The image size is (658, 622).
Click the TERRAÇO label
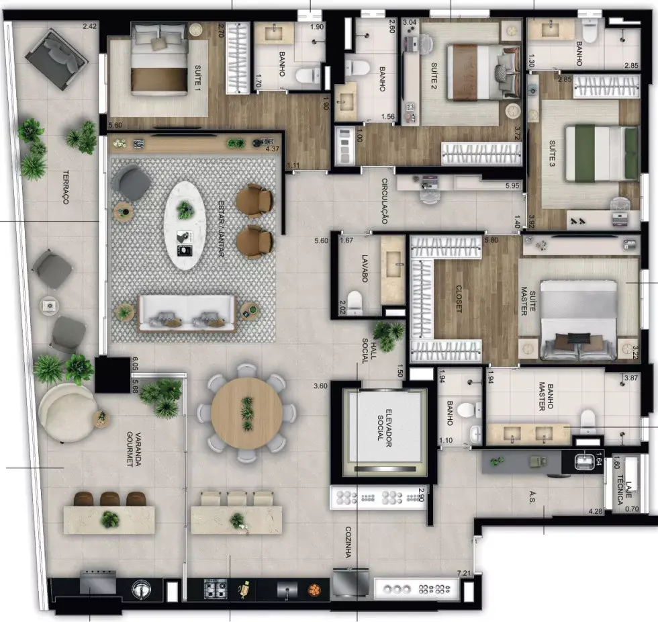point(66,187)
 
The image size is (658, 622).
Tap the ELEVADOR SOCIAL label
point(385,428)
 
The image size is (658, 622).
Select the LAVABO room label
point(364,268)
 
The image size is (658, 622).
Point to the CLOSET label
point(459,299)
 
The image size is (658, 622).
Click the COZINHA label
point(348,542)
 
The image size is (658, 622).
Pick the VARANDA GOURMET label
point(134,449)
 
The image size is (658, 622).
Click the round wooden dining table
point(247,413)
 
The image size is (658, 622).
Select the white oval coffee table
point(185,226)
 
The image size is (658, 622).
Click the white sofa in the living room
point(187,314)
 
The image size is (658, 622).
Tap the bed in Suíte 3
point(602,152)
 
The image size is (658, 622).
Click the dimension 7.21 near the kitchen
point(464,573)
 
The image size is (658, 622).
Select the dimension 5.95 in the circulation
point(512,185)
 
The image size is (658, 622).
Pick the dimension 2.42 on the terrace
point(89,26)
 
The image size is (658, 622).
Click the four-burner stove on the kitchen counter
point(216,589)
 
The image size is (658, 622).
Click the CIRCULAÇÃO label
point(384,201)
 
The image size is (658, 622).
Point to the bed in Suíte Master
point(578,320)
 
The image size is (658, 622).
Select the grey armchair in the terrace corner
point(56,58)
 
